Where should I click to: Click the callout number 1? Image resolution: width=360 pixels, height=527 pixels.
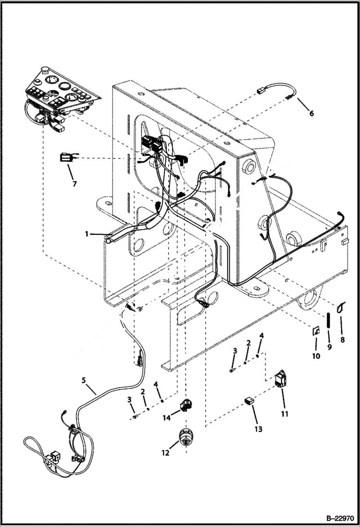pos(87,234)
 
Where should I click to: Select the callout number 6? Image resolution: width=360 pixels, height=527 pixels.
pos(311,114)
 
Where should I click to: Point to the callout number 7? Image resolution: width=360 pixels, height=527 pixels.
pos(74,183)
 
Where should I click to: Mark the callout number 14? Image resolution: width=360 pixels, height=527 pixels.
pos(166,418)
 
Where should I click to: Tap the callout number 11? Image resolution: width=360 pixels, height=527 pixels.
pos(284,413)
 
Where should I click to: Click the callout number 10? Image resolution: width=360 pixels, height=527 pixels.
pos(316,357)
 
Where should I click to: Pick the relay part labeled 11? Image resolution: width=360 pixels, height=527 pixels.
pos(280,380)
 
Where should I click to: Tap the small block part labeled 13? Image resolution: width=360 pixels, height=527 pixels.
pos(249,402)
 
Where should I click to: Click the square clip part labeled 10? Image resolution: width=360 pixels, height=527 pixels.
pos(316,331)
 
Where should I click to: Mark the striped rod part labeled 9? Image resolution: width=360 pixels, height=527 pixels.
pos(328,319)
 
